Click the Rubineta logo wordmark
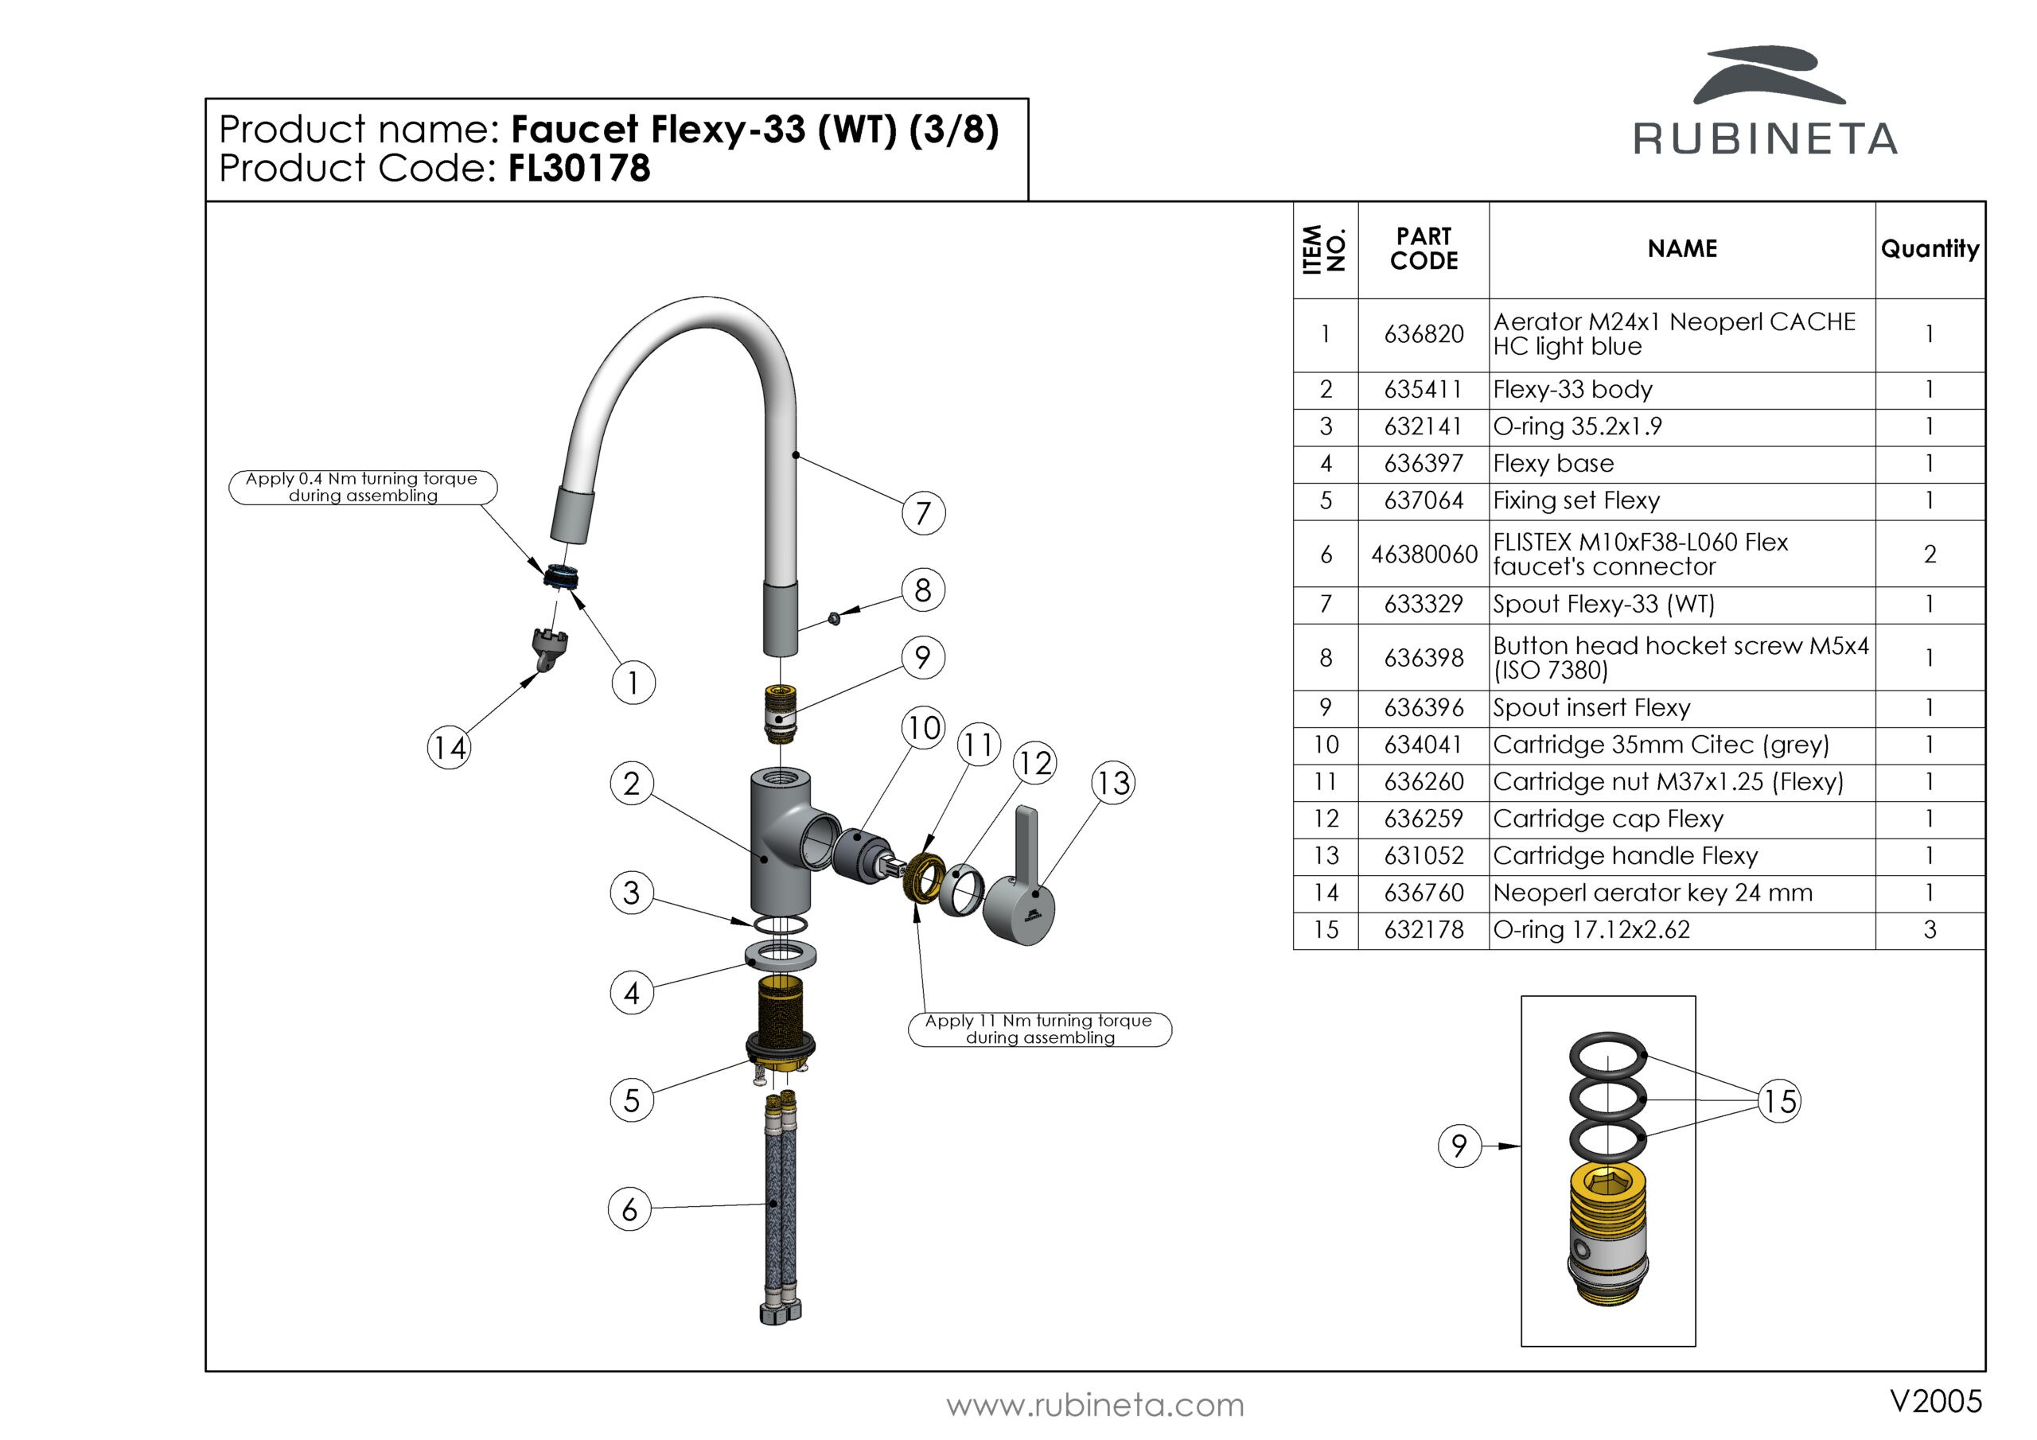tap(1765, 140)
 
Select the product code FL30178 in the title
tap(579, 169)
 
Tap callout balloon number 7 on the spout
tap(923, 513)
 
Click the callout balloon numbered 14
tap(449, 748)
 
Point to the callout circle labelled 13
tap(1113, 784)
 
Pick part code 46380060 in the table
tap(1424, 555)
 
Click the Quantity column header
tap(1930, 248)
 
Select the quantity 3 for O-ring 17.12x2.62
tap(1930, 930)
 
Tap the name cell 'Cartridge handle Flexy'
tap(1625, 856)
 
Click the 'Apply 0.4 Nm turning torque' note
tap(362, 487)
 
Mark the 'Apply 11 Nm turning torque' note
tap(1039, 1029)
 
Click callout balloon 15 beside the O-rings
tap(1779, 1101)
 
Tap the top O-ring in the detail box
tap(1607, 1056)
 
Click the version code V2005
tap(1935, 1401)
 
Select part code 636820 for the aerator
tap(1424, 334)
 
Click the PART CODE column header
tap(1424, 248)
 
